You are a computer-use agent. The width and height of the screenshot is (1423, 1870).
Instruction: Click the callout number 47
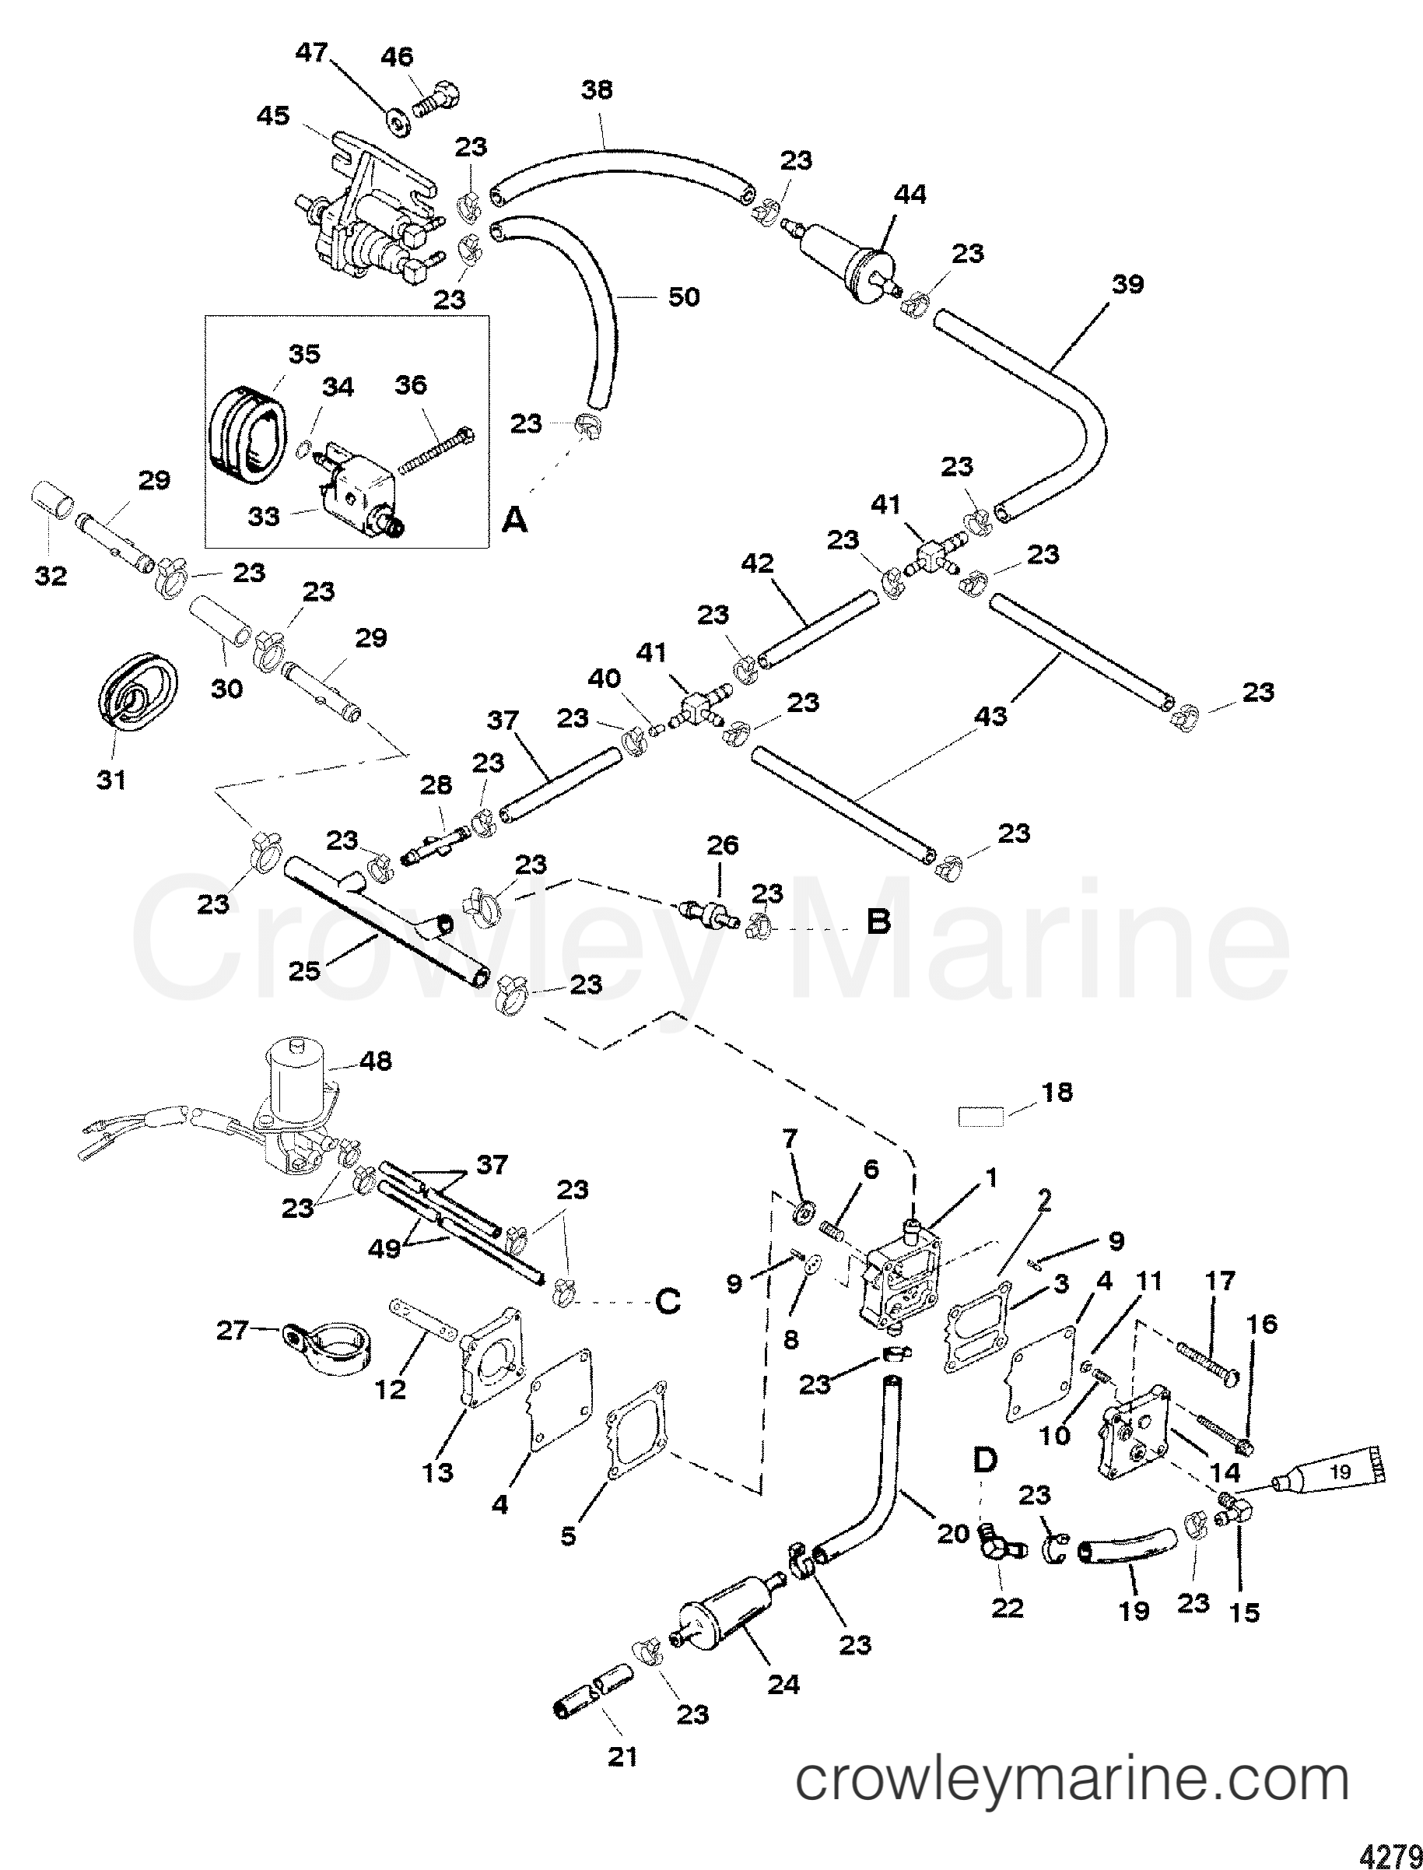tap(311, 53)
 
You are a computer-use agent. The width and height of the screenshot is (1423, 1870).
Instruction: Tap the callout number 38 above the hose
tap(598, 89)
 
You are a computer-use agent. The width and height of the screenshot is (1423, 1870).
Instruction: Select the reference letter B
tap(879, 921)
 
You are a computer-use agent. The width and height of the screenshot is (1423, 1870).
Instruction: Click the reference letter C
tap(668, 1301)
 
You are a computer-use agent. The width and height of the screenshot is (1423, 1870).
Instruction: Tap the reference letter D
tap(985, 1459)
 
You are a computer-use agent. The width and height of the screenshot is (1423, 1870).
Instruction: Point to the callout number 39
tap(1127, 284)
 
